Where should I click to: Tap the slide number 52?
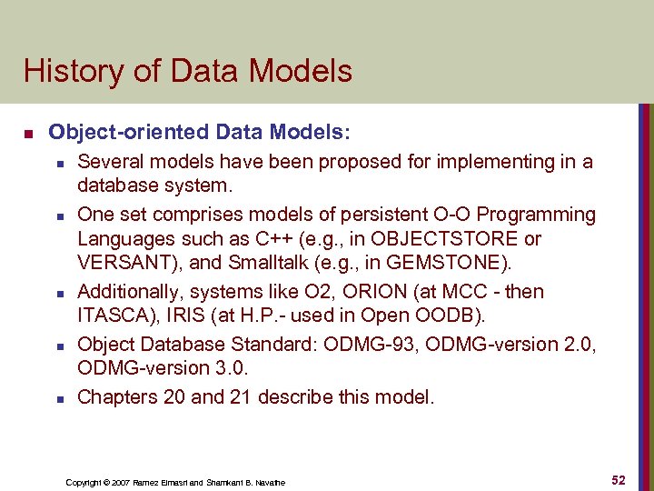pyautogui.click(x=619, y=480)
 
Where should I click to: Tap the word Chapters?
pyautogui.click(x=117, y=397)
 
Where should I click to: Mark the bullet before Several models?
pyautogui.click(x=57, y=163)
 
